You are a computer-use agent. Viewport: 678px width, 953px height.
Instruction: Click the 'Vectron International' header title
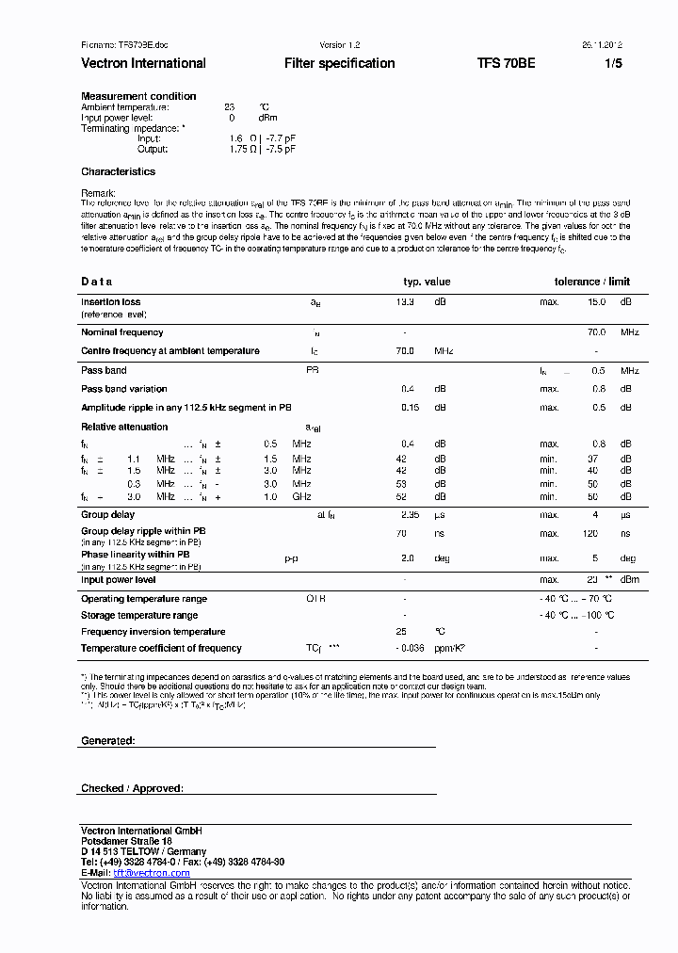point(143,63)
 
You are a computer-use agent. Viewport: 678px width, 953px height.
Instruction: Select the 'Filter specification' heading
point(339,63)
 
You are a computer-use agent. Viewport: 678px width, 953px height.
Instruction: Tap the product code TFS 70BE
point(506,63)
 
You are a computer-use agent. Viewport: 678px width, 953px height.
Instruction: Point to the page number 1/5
point(612,63)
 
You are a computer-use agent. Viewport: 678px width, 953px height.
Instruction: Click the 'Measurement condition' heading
point(138,96)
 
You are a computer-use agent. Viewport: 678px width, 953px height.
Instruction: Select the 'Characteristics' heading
point(118,171)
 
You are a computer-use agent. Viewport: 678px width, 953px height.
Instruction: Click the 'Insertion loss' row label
point(110,302)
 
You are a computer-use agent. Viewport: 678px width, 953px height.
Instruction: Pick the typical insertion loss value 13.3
point(405,302)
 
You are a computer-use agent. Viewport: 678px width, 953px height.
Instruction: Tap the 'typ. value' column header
point(427,282)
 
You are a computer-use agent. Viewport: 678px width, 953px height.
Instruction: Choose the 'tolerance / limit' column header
point(591,282)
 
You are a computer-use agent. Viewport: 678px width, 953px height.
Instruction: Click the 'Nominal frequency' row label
point(121,332)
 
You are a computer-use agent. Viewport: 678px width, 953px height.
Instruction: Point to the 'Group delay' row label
point(107,515)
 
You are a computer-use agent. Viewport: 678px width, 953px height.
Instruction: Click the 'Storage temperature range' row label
point(139,615)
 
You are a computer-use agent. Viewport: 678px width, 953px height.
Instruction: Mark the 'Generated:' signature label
point(107,741)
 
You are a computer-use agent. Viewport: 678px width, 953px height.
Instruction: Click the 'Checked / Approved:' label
point(132,788)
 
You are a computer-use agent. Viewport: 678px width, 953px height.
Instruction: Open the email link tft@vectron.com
point(152,873)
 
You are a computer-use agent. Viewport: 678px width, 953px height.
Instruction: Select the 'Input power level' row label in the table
point(118,580)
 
